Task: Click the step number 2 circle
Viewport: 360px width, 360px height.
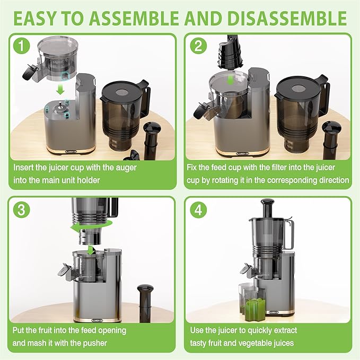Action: [198, 47]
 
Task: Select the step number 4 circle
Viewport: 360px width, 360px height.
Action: [198, 209]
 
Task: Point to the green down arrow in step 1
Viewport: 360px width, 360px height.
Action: [60, 90]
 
